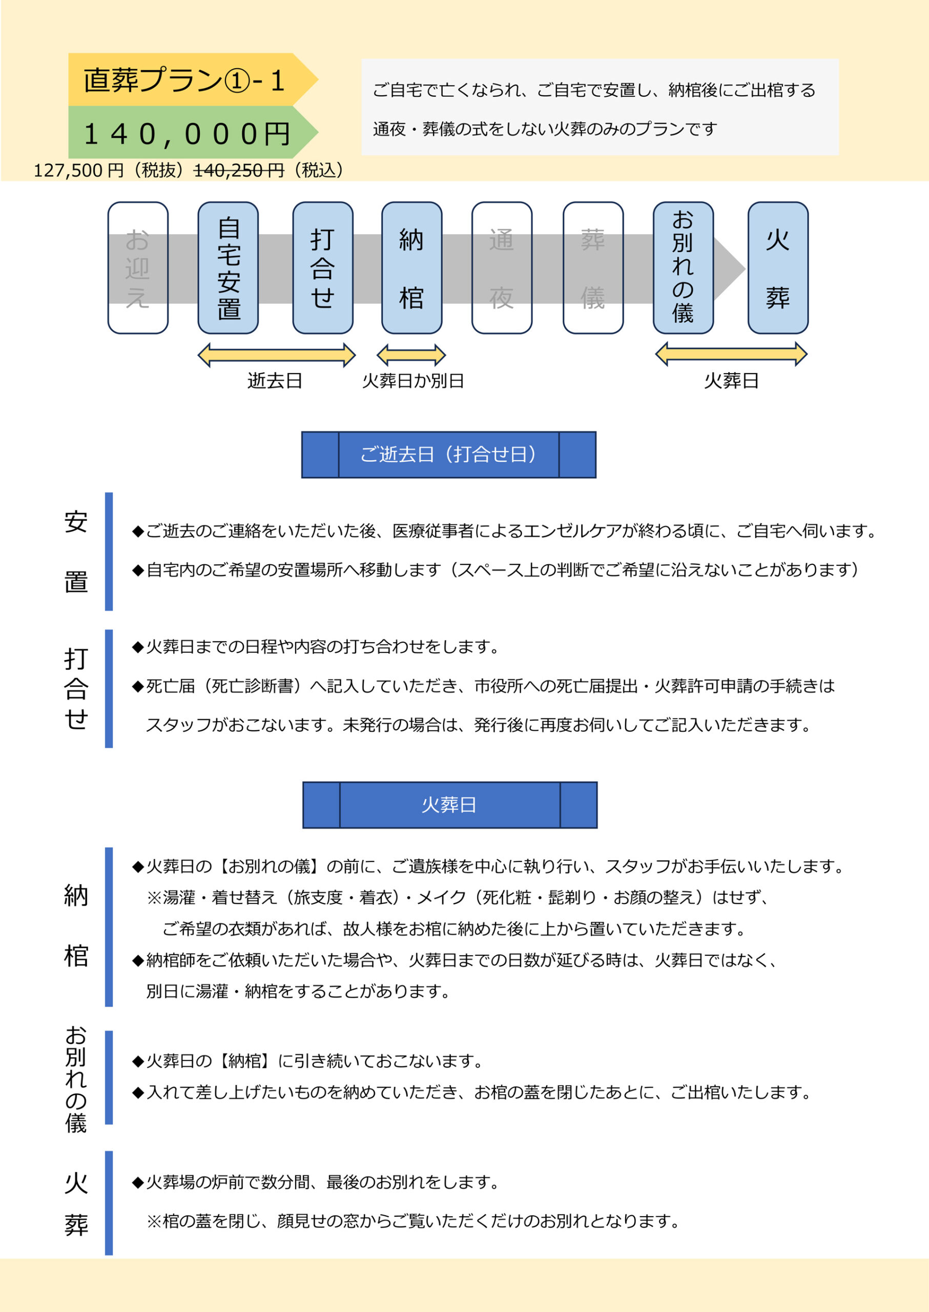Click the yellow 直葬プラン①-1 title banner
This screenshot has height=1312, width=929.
tap(193, 79)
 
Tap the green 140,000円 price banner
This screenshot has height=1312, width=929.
tap(193, 132)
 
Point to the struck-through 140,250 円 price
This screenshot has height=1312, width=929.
tap(239, 170)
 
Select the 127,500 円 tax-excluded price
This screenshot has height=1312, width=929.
tap(78, 170)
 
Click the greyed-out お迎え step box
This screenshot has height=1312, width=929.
tap(138, 268)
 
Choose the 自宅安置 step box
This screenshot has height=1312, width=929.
tap(228, 268)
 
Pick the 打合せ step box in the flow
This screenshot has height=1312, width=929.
tap(323, 268)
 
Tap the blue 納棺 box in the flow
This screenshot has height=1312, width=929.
tap(412, 268)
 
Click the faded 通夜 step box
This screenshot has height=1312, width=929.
tap(502, 268)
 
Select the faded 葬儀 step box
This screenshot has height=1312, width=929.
tap(593, 268)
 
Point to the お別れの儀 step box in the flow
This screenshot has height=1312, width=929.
tap(683, 268)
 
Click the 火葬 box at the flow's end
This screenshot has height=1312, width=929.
tap(778, 268)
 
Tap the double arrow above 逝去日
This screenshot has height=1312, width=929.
tap(276, 355)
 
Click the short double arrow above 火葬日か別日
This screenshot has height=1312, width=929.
tap(411, 355)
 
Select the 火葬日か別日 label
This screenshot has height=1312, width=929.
tap(413, 380)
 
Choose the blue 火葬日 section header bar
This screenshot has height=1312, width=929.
tap(449, 805)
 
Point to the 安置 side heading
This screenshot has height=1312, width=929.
tap(75, 551)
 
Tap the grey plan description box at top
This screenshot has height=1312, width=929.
tap(600, 107)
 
